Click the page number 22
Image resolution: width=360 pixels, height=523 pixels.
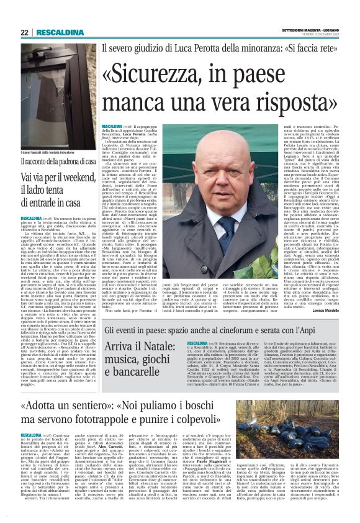(25, 32)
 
